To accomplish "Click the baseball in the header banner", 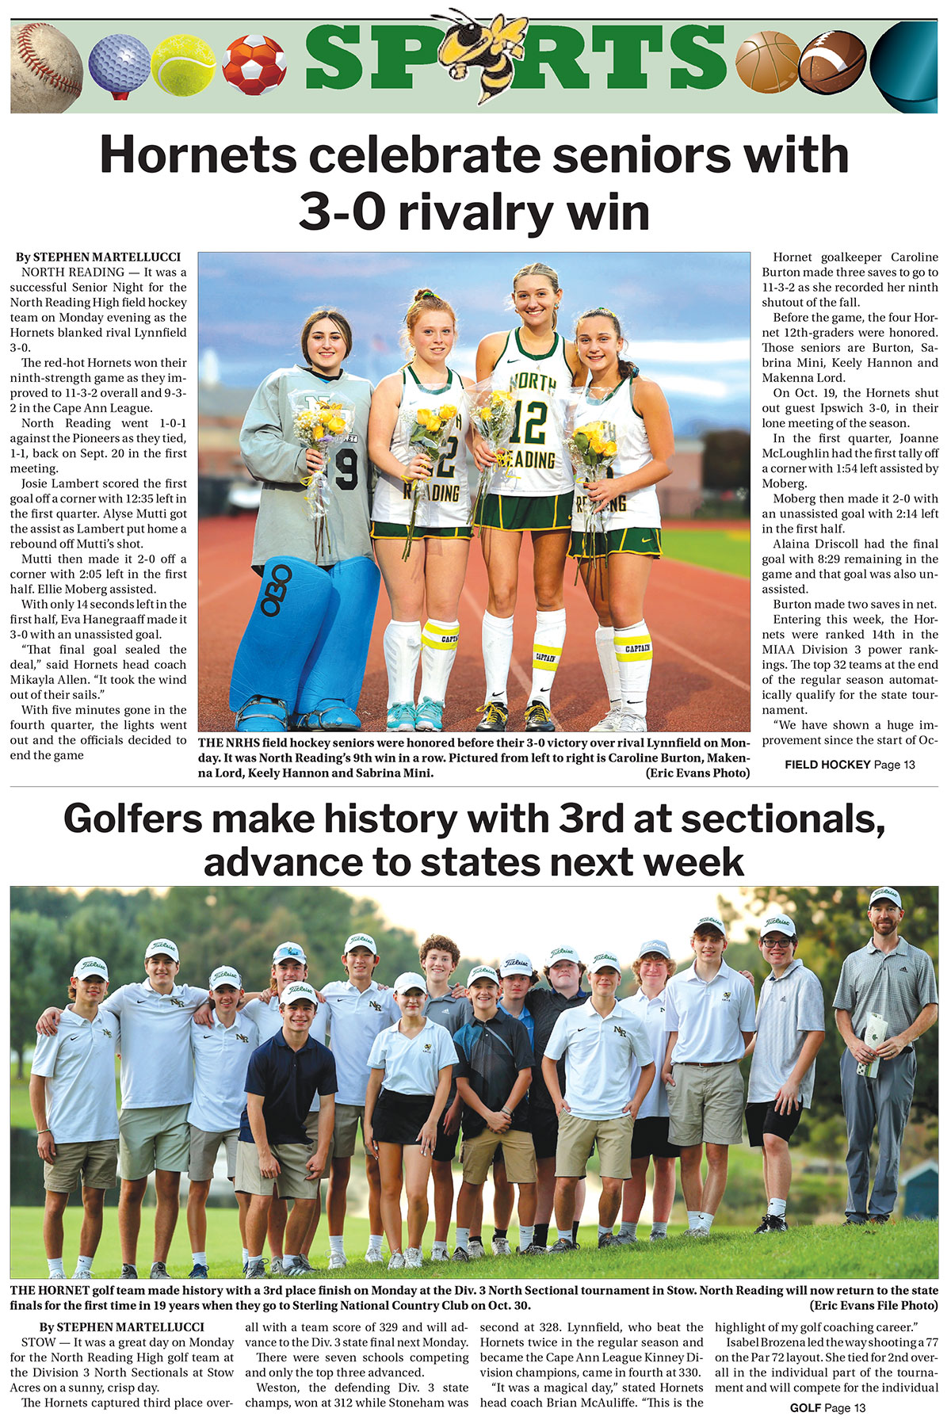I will (x=45, y=67).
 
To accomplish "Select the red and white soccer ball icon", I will (x=254, y=65).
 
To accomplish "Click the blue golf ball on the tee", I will (x=119, y=62).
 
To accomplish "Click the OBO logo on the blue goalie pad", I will (x=277, y=591).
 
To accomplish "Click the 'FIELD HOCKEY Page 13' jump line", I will (x=850, y=765).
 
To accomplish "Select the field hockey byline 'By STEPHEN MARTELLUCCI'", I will (x=97, y=257).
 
